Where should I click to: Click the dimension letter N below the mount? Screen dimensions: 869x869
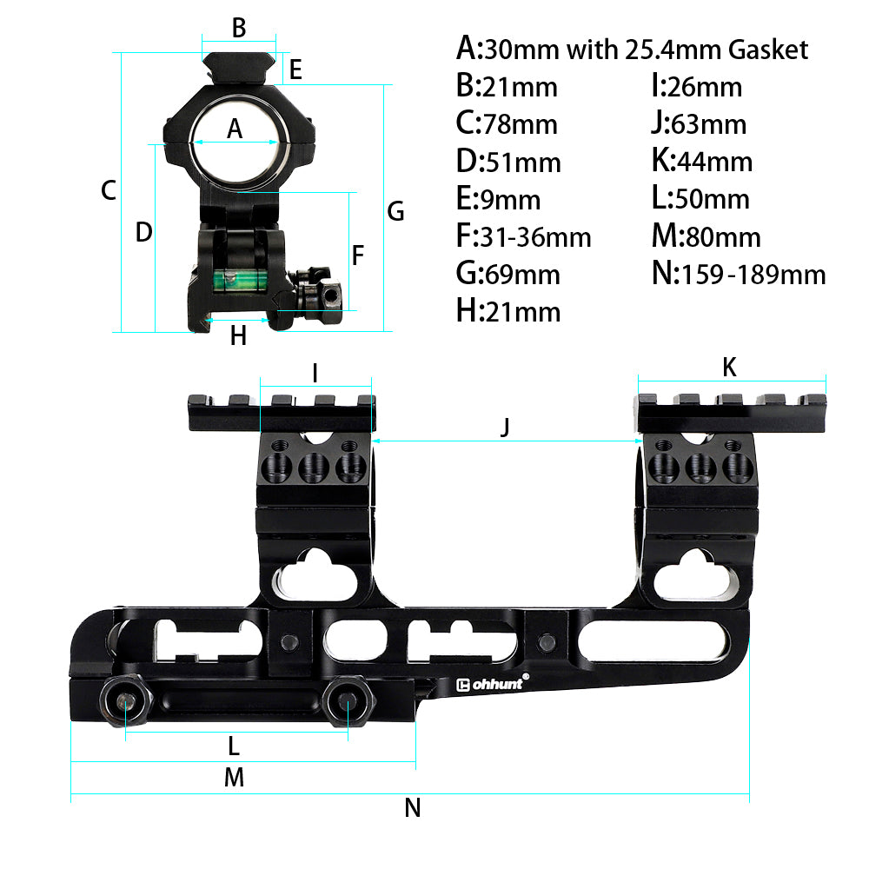click(x=413, y=808)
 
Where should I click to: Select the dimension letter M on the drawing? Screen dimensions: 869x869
click(x=234, y=778)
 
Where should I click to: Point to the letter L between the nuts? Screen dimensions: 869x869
click(x=233, y=746)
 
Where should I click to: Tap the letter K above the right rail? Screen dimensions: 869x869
click(x=729, y=368)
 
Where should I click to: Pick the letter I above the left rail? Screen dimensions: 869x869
click(x=315, y=374)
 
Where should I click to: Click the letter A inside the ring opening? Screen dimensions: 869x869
click(x=235, y=129)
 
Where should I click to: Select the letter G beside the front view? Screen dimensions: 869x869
click(x=395, y=211)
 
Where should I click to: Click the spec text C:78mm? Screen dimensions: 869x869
click(x=507, y=124)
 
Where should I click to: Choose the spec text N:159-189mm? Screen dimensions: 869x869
click(x=738, y=275)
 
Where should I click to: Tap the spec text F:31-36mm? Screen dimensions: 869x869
click(x=523, y=236)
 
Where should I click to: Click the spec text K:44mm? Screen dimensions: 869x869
click(x=701, y=162)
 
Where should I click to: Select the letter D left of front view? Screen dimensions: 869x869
click(x=144, y=232)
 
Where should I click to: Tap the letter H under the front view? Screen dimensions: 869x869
click(x=238, y=335)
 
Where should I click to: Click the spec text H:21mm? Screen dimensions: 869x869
click(x=508, y=311)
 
